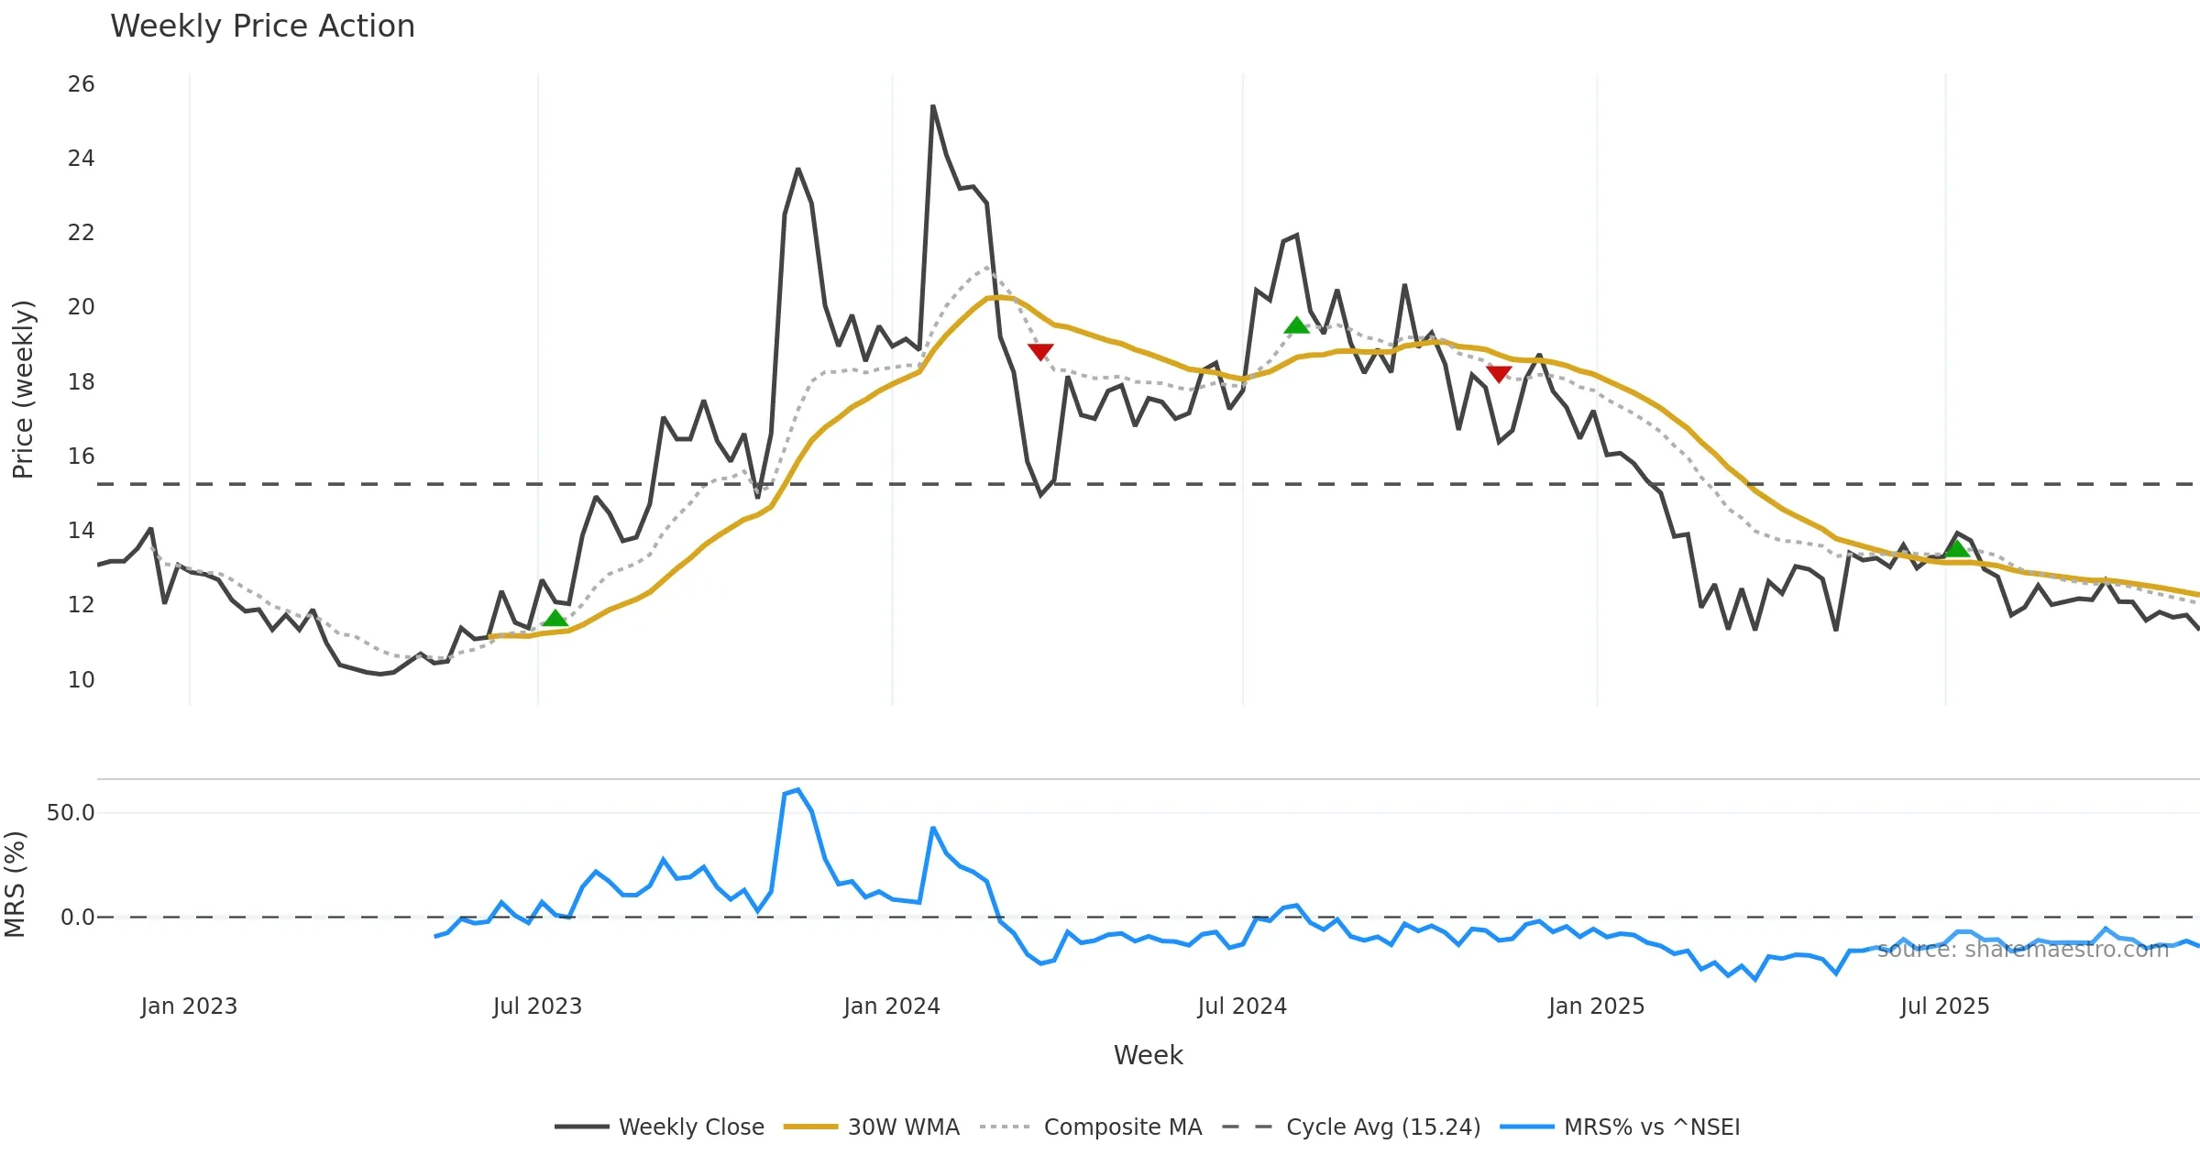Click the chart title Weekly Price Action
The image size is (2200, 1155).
(x=262, y=27)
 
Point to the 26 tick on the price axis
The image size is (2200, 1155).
(x=81, y=84)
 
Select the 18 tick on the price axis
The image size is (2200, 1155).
(x=81, y=381)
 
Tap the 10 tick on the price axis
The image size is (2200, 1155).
(x=81, y=679)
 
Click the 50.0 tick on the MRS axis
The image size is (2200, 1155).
(x=71, y=813)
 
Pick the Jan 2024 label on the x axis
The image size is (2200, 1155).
(x=891, y=1006)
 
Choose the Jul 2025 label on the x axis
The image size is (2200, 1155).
(x=1944, y=1006)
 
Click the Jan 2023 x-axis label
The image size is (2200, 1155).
(x=189, y=1006)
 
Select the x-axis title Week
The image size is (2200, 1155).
(x=1148, y=1055)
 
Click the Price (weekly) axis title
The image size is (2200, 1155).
(x=23, y=390)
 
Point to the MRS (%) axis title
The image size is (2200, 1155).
(x=16, y=885)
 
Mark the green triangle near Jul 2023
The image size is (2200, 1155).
(x=555, y=619)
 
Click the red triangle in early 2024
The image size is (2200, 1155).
(x=1040, y=352)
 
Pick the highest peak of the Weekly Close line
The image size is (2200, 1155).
(x=933, y=106)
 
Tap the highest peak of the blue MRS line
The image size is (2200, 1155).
(x=798, y=789)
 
